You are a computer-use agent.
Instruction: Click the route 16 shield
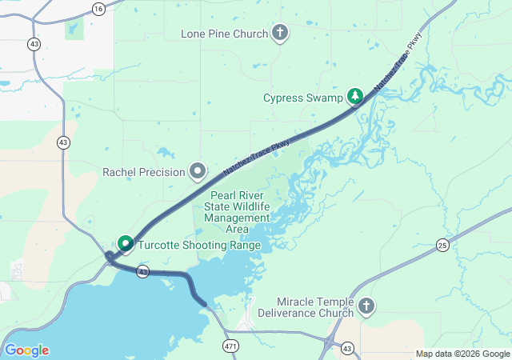coord(98,8)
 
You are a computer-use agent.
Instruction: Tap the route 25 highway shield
coord(442,245)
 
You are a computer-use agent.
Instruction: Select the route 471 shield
coord(231,346)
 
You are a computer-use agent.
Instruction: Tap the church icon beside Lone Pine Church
coord(279,33)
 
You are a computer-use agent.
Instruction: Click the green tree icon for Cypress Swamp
coord(354,97)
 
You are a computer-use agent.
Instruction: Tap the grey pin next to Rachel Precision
coord(197,171)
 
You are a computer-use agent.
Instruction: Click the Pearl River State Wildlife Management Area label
coord(238,212)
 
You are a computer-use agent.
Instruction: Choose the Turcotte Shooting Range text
coord(199,245)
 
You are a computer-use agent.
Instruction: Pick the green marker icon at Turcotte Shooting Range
coord(126,242)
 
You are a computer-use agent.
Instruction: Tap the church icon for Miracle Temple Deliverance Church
coord(366,306)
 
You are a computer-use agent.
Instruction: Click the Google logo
coord(26,350)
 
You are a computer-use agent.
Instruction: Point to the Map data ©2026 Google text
coord(462,354)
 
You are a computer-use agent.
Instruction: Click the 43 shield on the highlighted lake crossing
coord(142,272)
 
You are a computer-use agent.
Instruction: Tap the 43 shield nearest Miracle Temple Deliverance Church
coord(347,348)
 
